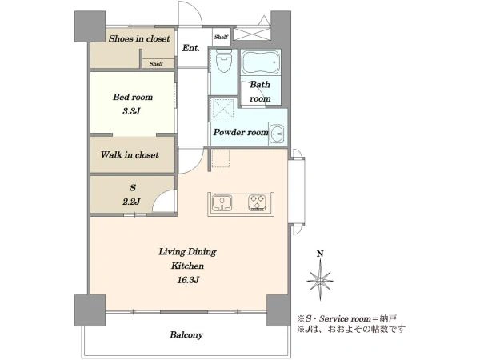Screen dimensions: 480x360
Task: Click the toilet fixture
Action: [223, 61]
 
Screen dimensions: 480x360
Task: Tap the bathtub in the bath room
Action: [261, 62]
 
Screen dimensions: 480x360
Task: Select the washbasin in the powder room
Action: [278, 134]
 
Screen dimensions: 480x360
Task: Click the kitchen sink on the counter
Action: [222, 203]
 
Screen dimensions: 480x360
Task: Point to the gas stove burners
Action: [257, 203]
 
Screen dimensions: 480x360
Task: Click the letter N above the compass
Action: [320, 254]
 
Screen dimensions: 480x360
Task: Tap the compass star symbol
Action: [320, 280]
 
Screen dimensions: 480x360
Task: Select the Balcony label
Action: [186, 335]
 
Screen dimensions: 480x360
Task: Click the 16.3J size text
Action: [188, 280]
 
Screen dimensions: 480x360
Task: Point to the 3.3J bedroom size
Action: [131, 111]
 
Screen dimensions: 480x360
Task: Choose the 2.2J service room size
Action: [131, 202]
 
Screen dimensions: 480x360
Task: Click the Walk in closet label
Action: [130, 154]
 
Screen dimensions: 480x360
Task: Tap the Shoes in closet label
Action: [139, 38]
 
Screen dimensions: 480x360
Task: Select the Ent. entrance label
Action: [191, 48]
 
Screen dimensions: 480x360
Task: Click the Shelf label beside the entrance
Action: [221, 37]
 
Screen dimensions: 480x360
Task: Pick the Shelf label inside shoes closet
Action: [156, 64]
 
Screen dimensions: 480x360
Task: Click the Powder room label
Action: [241, 132]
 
